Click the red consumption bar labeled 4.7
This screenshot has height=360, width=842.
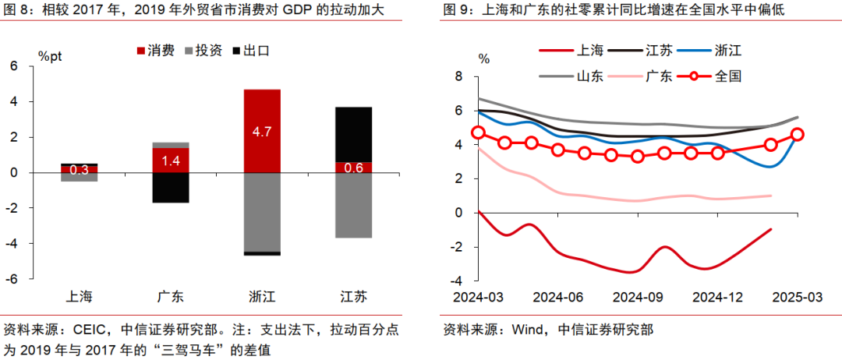pos(262,131)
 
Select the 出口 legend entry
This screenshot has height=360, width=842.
pos(253,51)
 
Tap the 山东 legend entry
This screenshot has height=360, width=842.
pos(575,76)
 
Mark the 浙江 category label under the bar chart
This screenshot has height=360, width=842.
pos(262,297)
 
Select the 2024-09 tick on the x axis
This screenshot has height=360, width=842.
pos(638,297)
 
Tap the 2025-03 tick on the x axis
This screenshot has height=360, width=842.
pos(798,297)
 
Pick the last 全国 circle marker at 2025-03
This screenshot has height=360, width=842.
pos(798,134)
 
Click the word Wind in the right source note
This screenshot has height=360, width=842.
pos(526,329)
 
